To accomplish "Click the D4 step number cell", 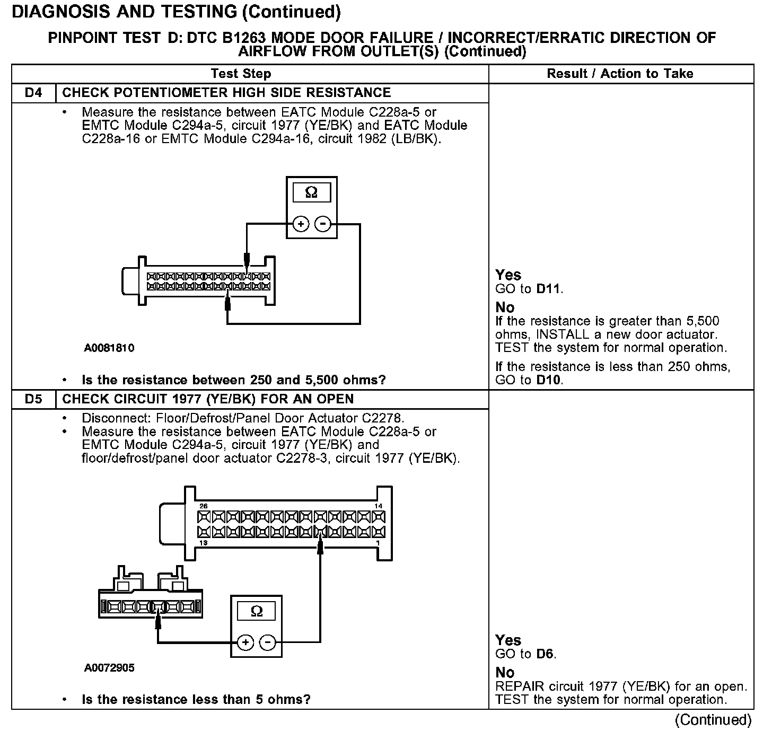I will coord(33,93).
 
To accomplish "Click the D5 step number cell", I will coord(33,399).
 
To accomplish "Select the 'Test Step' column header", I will coord(241,74).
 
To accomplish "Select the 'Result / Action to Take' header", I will coord(620,74).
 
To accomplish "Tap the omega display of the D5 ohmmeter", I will coord(256,612).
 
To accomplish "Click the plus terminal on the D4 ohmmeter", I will coord(301,224).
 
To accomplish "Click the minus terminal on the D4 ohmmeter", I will coord(322,224).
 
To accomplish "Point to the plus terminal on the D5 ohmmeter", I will coord(245,643).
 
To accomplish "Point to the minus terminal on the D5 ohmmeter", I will coord(268,643).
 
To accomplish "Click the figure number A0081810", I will coord(109,348).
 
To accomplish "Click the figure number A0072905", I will coord(109,668).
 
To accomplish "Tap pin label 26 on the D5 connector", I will coord(204,506).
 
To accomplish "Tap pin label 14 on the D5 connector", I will coord(378,506).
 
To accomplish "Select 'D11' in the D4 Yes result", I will coord(548,289).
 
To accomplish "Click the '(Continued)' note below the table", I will coord(713,720).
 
